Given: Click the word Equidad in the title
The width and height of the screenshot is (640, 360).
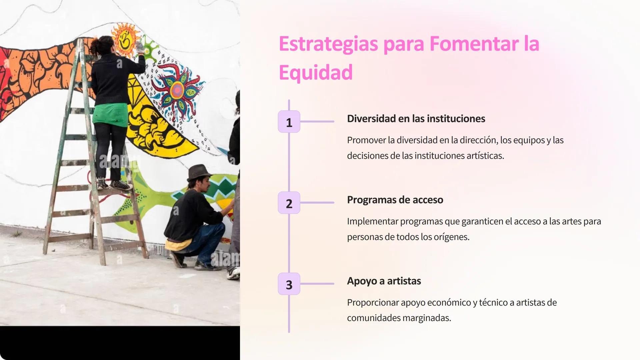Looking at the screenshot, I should (x=315, y=73).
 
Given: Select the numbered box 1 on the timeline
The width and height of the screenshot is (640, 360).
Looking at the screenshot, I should (x=289, y=122).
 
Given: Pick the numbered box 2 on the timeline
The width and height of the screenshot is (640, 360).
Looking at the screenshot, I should (x=289, y=203).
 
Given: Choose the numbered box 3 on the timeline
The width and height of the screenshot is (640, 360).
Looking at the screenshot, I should (x=289, y=284).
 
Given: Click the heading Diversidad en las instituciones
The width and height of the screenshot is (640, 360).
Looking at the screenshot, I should (x=416, y=119).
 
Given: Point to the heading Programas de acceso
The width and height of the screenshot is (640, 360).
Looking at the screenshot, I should (x=395, y=200).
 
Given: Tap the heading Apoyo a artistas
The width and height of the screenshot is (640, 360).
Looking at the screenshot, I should (x=384, y=281).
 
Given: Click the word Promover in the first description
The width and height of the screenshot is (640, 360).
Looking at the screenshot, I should (x=366, y=140).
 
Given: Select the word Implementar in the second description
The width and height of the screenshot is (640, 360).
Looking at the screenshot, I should (x=372, y=221).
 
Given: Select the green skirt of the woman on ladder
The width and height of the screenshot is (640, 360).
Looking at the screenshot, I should (x=110, y=113).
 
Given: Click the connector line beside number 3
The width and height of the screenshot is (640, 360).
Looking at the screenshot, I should (x=317, y=284).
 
